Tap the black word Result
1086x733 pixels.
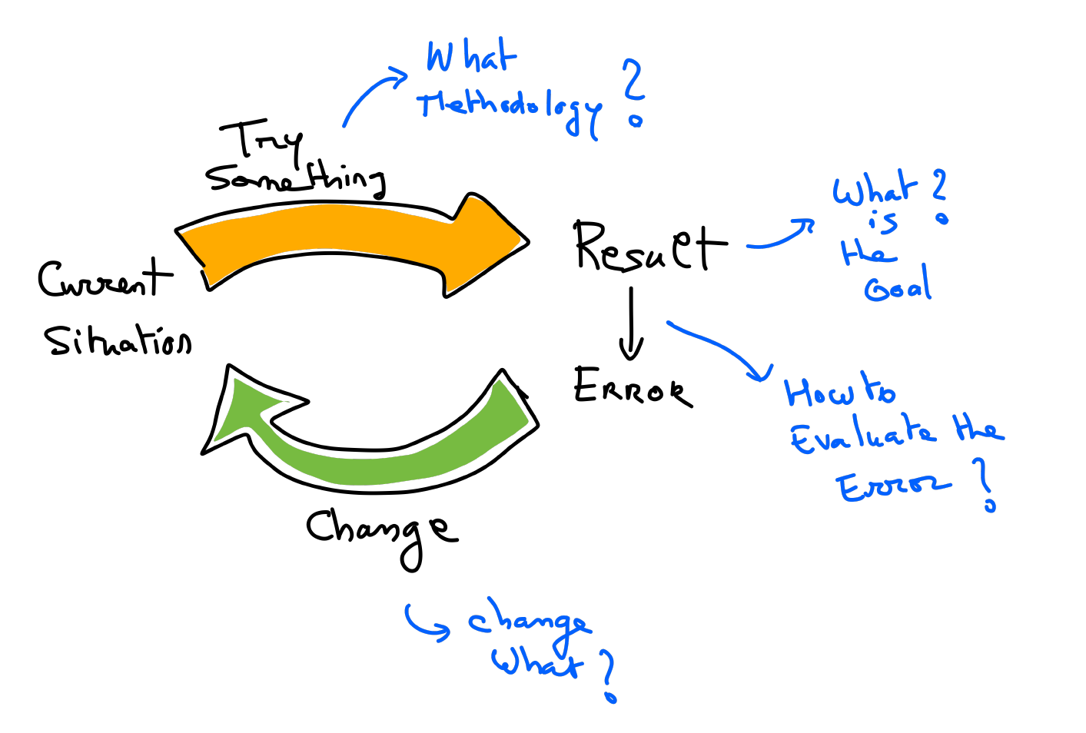(x=649, y=247)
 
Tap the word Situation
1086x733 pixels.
(x=117, y=340)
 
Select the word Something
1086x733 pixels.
(x=296, y=179)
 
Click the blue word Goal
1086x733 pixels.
(x=897, y=286)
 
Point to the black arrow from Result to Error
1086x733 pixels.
(x=631, y=323)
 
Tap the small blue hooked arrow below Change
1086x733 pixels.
(x=425, y=622)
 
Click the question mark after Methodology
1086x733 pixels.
(x=634, y=92)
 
